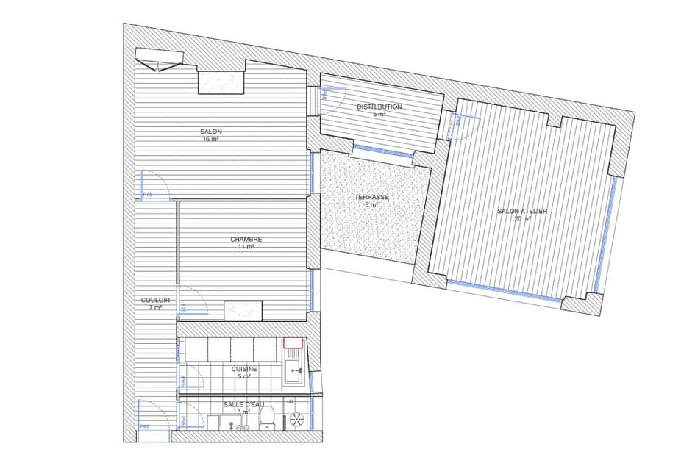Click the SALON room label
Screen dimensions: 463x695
click(210, 132)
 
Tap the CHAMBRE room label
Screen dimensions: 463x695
click(246, 239)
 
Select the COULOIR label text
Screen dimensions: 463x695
click(155, 300)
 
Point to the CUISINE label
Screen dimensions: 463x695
click(244, 369)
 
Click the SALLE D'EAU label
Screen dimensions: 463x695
click(243, 404)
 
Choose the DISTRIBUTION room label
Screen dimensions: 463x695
click(379, 107)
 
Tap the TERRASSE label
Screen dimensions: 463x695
click(371, 197)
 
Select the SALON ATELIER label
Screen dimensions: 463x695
click(522, 211)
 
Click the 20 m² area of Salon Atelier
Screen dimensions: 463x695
click(522, 219)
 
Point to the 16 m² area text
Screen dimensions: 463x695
click(210, 139)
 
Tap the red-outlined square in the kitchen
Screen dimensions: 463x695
click(293, 343)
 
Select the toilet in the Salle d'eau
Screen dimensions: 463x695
click(268, 417)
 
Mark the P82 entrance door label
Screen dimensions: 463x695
click(145, 426)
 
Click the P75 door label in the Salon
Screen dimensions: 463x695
click(147, 195)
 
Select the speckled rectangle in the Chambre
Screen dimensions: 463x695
click(243, 311)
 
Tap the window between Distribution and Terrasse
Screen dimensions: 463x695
click(382, 151)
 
